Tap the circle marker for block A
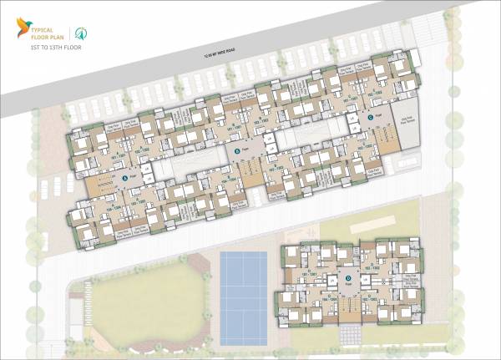click(124, 179)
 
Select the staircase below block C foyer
click(386, 134)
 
